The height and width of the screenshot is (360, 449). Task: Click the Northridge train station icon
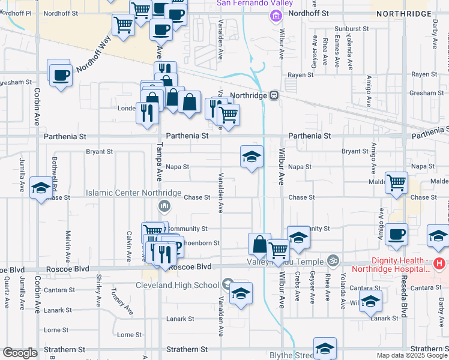pyautogui.click(x=273, y=95)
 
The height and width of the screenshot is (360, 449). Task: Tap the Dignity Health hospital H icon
pyautogui.click(x=440, y=263)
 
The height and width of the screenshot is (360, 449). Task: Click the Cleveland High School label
pyautogui.click(x=177, y=285)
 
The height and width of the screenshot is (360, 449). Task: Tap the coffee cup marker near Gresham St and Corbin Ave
pyautogui.click(x=60, y=76)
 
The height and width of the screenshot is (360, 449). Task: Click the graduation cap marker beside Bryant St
pyautogui.click(x=252, y=158)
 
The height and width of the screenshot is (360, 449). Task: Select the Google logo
pyautogui.click(x=20, y=353)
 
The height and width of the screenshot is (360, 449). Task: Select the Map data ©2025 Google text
pyautogui.click(x=411, y=355)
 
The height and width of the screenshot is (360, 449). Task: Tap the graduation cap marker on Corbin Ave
pyautogui.click(x=41, y=188)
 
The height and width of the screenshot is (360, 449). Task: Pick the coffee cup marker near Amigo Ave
pyautogui.click(x=396, y=235)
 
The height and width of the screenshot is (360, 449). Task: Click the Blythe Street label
pyautogui.click(x=292, y=355)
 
